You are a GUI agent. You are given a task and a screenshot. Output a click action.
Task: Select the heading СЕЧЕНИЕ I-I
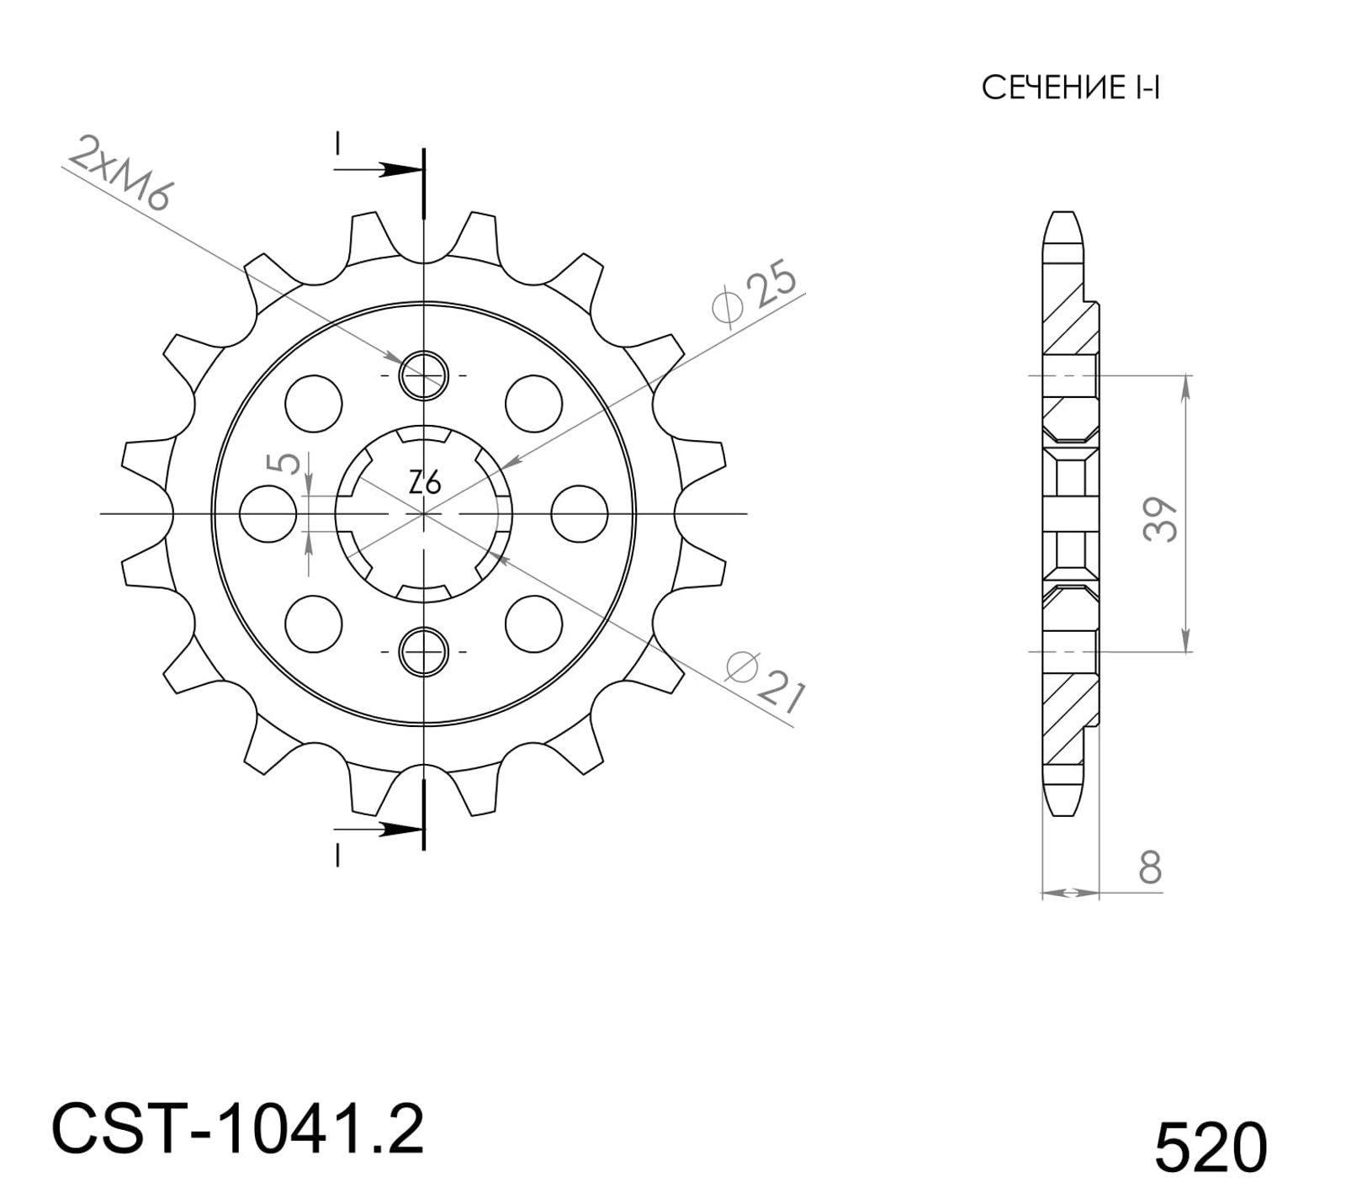click(1071, 88)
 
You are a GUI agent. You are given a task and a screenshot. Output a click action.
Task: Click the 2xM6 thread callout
click(119, 172)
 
